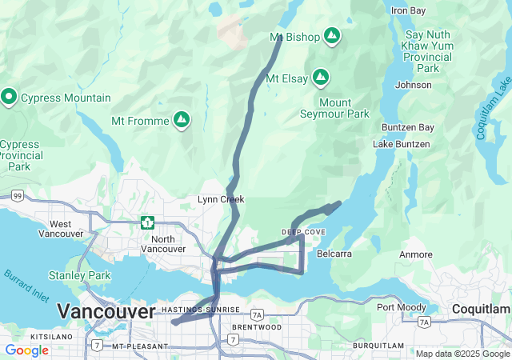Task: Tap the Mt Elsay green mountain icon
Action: coord(321,78)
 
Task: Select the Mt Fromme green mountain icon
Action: coord(182,120)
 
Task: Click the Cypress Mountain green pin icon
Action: coord(10,98)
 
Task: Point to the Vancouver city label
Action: coord(106,311)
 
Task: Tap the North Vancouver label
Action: coord(163,243)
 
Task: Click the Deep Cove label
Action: coord(303,232)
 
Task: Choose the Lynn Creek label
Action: coord(221,199)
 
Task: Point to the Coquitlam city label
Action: coord(480,309)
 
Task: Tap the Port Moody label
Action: coord(398,307)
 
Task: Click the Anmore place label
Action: coord(416,254)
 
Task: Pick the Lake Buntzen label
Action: coord(401,144)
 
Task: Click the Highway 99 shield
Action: coord(16,195)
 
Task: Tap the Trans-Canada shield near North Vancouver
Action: coord(146,222)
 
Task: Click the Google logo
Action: coord(26,350)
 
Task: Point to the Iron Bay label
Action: coord(409,10)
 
